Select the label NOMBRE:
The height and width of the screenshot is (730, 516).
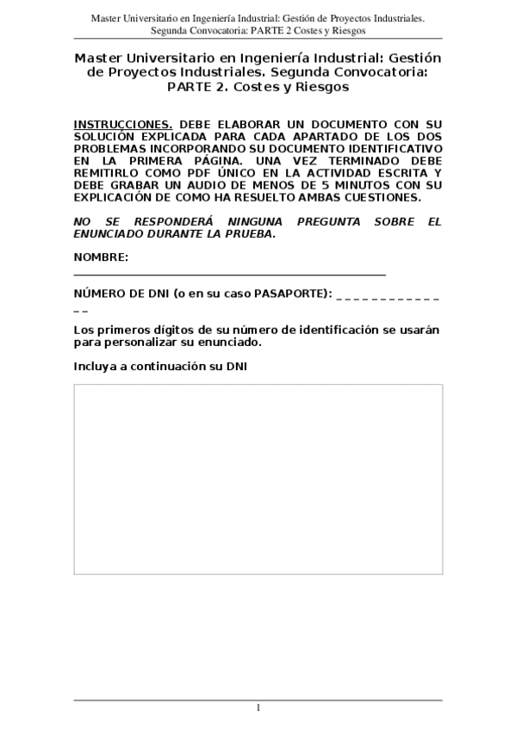(x=101, y=257)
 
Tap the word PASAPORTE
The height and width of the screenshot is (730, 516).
(x=284, y=294)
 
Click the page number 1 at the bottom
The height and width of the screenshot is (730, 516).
(x=258, y=708)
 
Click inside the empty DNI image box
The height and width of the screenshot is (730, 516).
(x=258, y=478)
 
